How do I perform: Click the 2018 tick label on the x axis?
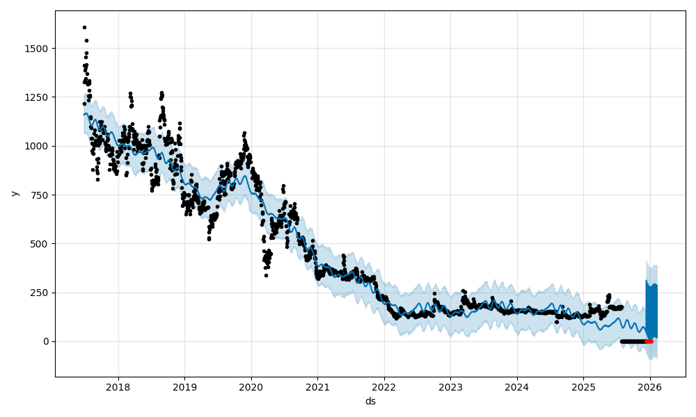click(118, 386)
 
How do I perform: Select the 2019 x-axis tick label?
click(184, 386)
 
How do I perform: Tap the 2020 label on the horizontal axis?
click(251, 386)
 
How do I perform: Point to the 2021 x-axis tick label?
click(317, 386)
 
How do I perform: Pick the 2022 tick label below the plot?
click(384, 386)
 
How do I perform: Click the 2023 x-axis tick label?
click(450, 386)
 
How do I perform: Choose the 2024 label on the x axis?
click(517, 386)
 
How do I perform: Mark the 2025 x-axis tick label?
click(583, 386)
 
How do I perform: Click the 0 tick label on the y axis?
click(46, 341)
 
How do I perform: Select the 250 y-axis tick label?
click(40, 293)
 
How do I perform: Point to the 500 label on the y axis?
click(40, 244)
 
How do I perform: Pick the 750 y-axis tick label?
click(40, 195)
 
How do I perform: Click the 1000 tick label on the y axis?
click(38, 146)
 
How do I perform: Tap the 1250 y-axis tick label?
click(38, 97)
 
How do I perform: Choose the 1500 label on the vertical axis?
click(38, 49)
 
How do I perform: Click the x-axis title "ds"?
click(370, 401)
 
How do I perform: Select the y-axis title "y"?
click(13, 193)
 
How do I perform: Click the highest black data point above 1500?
click(84, 28)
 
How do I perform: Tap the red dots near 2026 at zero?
click(649, 341)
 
